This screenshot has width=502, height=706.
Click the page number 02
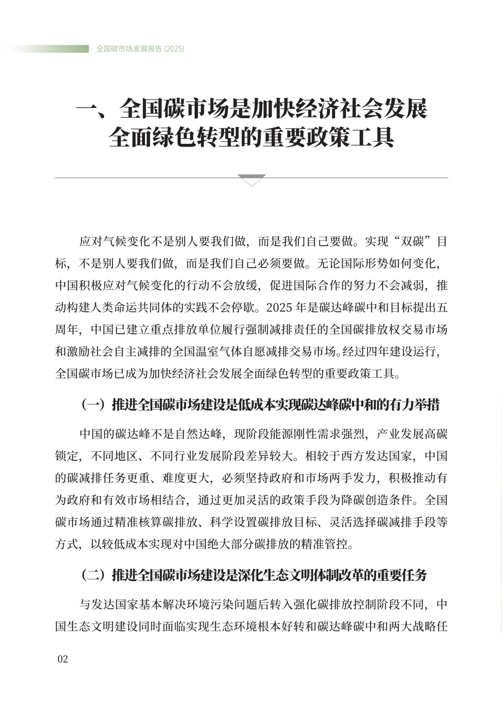62,659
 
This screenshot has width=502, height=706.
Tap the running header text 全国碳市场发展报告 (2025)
140,49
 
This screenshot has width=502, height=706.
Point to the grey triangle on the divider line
251,180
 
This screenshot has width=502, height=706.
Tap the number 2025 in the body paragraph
279,308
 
